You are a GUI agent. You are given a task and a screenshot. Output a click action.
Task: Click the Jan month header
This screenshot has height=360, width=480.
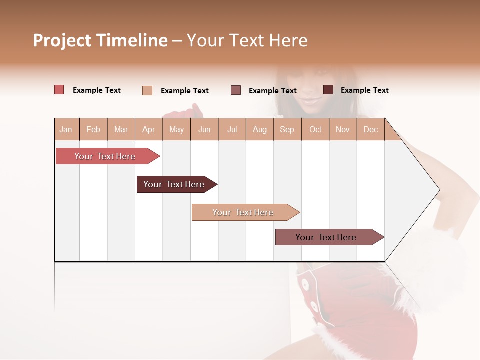66,129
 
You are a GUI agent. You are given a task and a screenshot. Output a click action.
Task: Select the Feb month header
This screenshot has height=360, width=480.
93,129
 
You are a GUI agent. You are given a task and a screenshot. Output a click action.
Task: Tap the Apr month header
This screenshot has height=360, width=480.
149,129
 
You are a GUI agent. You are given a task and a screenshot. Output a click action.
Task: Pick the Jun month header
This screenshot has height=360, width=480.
204,129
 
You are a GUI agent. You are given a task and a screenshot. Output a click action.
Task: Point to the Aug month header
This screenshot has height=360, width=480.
260,129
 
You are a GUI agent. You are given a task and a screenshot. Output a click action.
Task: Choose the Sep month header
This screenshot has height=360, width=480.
287,129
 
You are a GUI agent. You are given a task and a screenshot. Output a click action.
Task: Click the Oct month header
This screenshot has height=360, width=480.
315,129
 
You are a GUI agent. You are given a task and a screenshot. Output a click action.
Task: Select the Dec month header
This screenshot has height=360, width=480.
371,129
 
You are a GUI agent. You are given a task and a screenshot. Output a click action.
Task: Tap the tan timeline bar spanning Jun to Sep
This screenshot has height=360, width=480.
243,212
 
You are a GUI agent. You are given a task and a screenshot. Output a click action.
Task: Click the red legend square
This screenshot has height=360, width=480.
59,90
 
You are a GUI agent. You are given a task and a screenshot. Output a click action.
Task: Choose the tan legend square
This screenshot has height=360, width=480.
147,90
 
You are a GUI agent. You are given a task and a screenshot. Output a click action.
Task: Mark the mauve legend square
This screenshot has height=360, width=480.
236,90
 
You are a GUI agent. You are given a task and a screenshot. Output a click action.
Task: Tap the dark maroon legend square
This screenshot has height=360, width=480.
328,90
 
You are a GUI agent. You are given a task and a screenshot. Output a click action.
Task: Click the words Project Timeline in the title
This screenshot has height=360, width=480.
100,40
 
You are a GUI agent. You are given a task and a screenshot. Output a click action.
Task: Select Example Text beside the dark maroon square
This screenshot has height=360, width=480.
365,90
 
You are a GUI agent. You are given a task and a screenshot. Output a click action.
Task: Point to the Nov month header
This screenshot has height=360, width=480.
343,129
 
